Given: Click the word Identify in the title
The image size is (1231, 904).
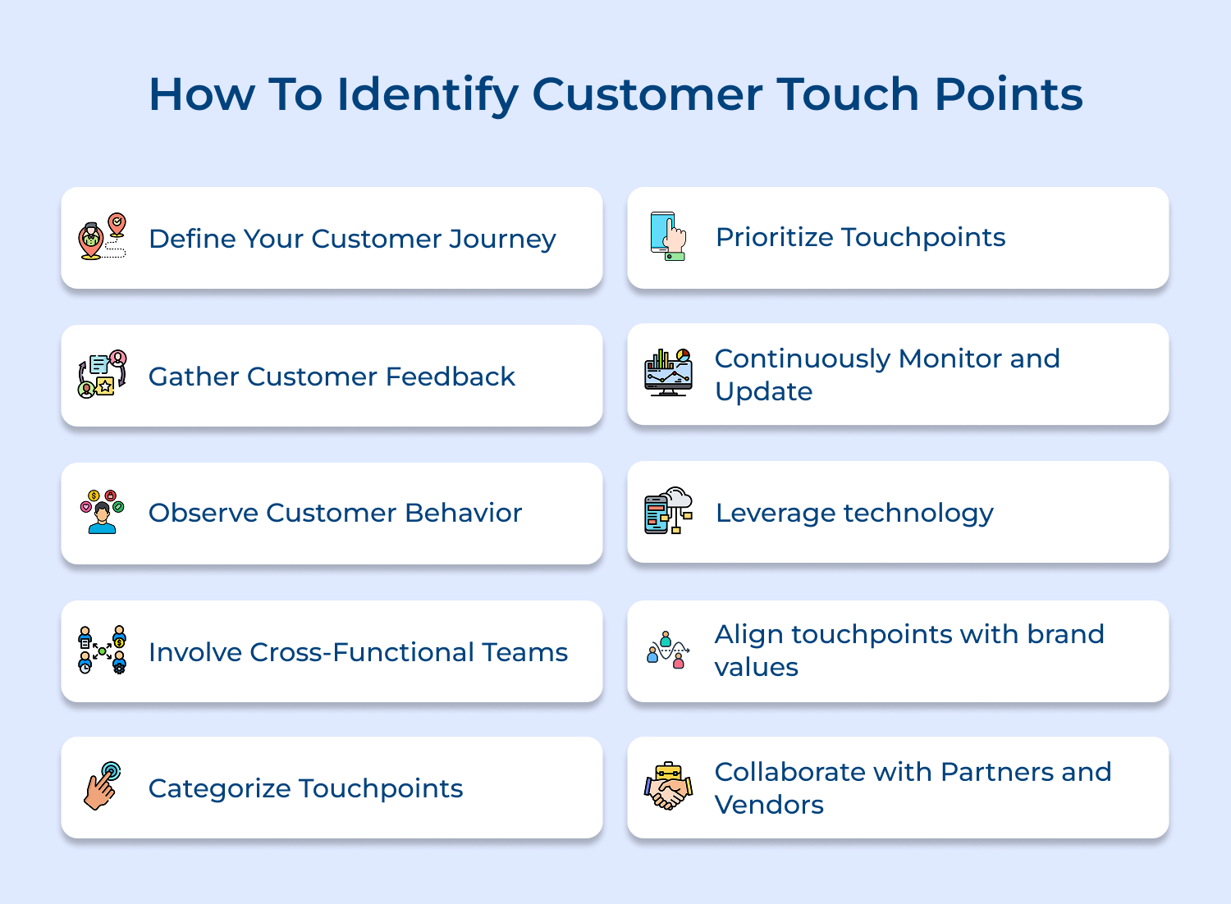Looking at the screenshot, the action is click(x=428, y=95).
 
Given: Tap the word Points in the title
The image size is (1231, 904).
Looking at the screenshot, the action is click(x=1009, y=94).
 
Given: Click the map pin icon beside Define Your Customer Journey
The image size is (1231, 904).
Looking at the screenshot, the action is click(x=103, y=236).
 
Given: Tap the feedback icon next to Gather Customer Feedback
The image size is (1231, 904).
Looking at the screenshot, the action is click(x=103, y=374).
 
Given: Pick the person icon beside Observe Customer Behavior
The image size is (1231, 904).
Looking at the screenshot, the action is click(x=103, y=512).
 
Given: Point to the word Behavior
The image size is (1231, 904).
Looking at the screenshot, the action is click(x=464, y=513).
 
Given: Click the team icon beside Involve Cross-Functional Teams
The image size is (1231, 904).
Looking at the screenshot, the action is click(x=103, y=650).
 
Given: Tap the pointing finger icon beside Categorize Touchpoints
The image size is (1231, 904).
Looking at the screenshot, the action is click(x=103, y=786).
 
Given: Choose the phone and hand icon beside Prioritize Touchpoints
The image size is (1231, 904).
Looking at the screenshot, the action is click(x=668, y=236).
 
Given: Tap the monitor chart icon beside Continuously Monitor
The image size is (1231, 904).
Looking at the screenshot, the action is click(x=668, y=372).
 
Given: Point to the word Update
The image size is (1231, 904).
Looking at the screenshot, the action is click(x=763, y=392).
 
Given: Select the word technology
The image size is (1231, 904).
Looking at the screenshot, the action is click(x=918, y=514).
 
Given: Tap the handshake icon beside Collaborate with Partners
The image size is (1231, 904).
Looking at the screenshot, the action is click(x=668, y=786).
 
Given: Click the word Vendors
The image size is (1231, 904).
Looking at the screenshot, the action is click(x=769, y=805).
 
